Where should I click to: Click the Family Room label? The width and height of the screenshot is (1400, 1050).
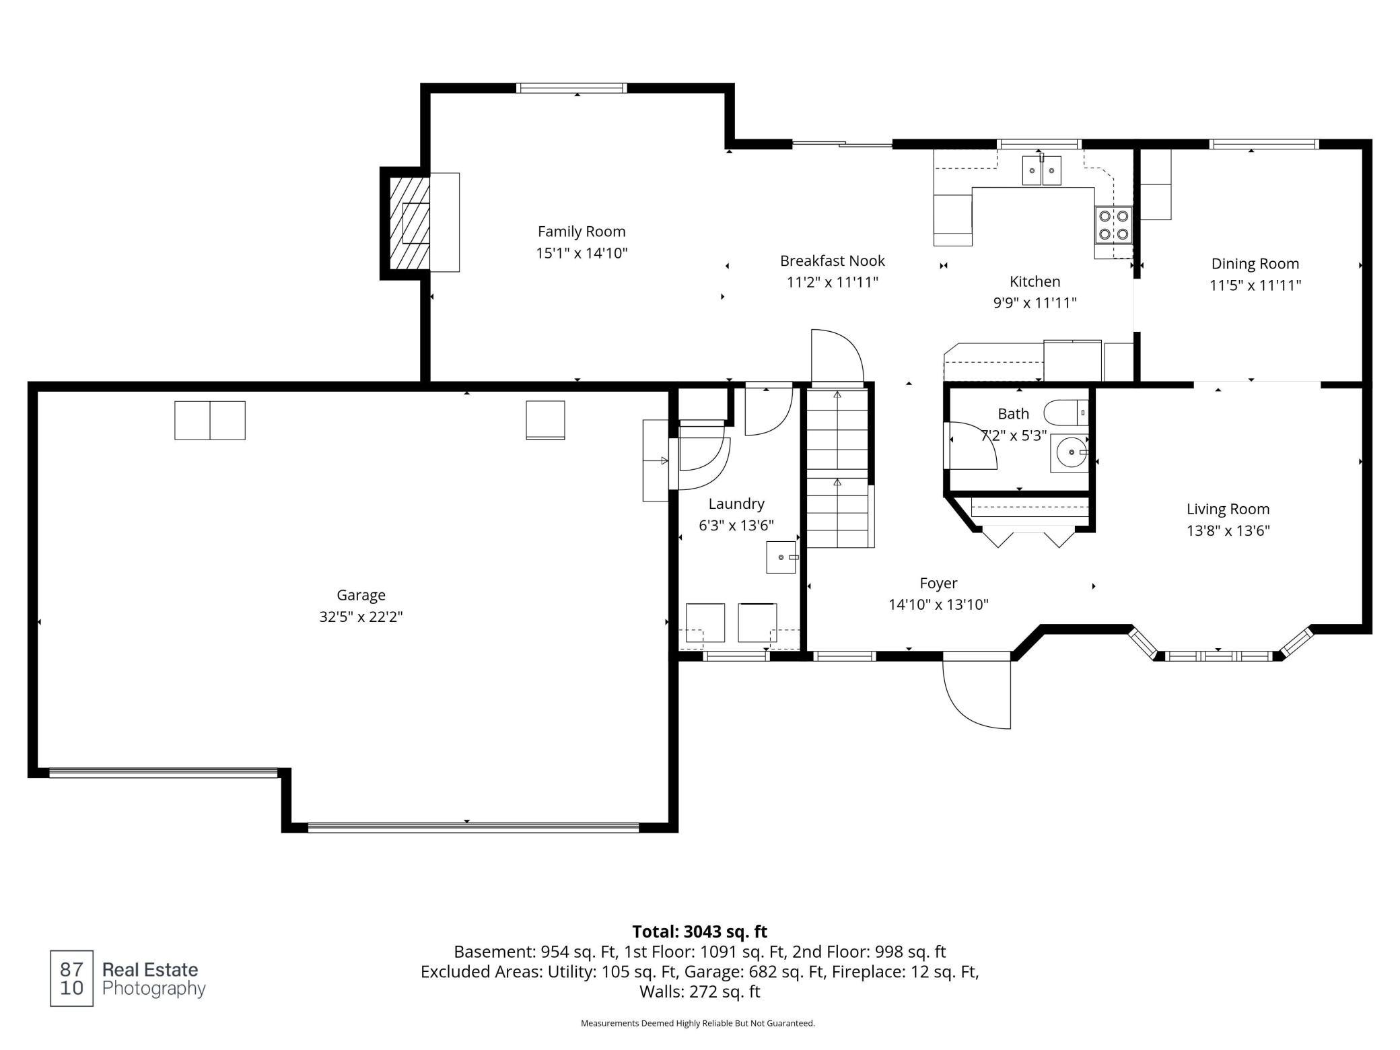(582, 232)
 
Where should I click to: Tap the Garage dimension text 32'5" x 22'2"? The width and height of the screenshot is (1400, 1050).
(361, 617)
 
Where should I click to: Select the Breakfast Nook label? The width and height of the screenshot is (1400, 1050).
(833, 260)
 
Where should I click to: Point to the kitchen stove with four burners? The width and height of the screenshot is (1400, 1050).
(1113, 225)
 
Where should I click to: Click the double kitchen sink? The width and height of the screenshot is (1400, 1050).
(1041, 170)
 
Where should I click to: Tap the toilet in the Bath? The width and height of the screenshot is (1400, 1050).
(1066, 412)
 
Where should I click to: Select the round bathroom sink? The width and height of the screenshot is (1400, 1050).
(1069, 453)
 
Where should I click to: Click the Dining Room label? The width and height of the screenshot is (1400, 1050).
(1255, 264)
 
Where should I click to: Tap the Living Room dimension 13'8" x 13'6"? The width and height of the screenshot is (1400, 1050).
(1228, 530)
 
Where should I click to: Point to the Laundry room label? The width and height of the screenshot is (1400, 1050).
(736, 503)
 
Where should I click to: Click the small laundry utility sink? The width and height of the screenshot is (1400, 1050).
(781, 557)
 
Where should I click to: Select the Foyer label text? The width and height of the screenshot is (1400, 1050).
(938, 583)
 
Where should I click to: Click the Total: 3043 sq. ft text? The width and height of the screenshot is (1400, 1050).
(700, 932)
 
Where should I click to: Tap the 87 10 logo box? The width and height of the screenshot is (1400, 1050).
(71, 979)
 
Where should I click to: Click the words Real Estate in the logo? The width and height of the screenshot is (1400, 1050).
(150, 970)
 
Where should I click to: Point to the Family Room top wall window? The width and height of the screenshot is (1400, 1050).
(571, 88)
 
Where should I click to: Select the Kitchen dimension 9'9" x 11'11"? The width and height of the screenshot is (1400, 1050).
(1035, 303)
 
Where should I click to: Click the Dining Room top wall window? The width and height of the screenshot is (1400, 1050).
(1264, 144)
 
